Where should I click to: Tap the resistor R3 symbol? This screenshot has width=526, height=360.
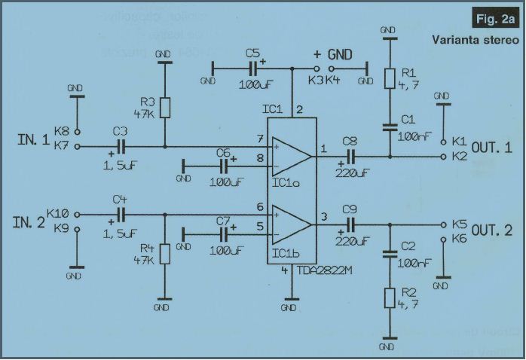164,106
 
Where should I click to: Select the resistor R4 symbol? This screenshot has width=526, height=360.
164,253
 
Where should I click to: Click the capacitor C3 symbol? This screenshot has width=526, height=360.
120,146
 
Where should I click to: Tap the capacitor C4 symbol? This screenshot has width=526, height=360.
120,214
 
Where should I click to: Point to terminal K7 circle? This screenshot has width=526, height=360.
78,146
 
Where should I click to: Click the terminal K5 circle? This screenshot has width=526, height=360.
443,224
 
